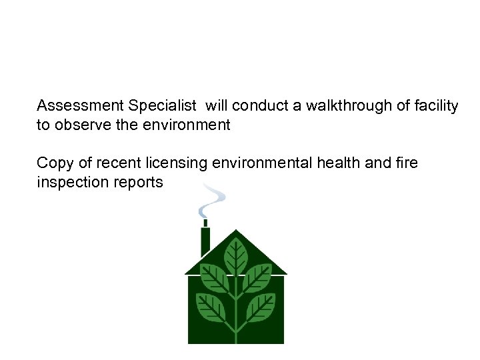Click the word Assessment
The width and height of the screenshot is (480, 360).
[x=81, y=105]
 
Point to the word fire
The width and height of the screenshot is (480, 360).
[x=405, y=163]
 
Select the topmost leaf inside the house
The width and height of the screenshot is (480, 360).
[x=235, y=255]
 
